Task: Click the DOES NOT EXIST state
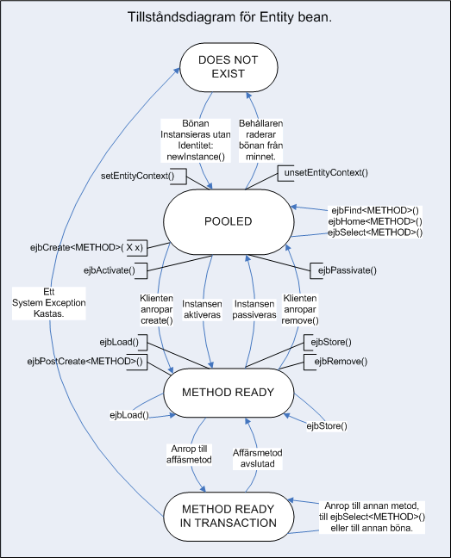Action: coord(229,67)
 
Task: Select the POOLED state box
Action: coord(229,221)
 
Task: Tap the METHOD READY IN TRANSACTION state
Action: coord(229,517)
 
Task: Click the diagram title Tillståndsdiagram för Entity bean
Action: coord(229,17)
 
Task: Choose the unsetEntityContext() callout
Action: coord(323,173)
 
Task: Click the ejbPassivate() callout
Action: coord(343,270)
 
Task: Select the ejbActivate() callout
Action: coord(115,270)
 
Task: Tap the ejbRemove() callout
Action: coord(335,362)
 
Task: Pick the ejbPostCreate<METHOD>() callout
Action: coord(87,362)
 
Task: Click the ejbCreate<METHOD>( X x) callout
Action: coord(89,247)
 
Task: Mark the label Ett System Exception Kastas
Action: coord(49,303)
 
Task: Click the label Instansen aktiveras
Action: coord(202,309)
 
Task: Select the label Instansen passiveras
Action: coord(254,309)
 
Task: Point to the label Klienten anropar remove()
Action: coord(300,309)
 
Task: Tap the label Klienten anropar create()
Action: coord(156,309)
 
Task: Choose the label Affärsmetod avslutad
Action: coord(258,458)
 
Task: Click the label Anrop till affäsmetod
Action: coord(189,454)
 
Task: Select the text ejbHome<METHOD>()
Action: coord(375,221)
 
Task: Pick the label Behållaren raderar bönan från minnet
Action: coord(260,140)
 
